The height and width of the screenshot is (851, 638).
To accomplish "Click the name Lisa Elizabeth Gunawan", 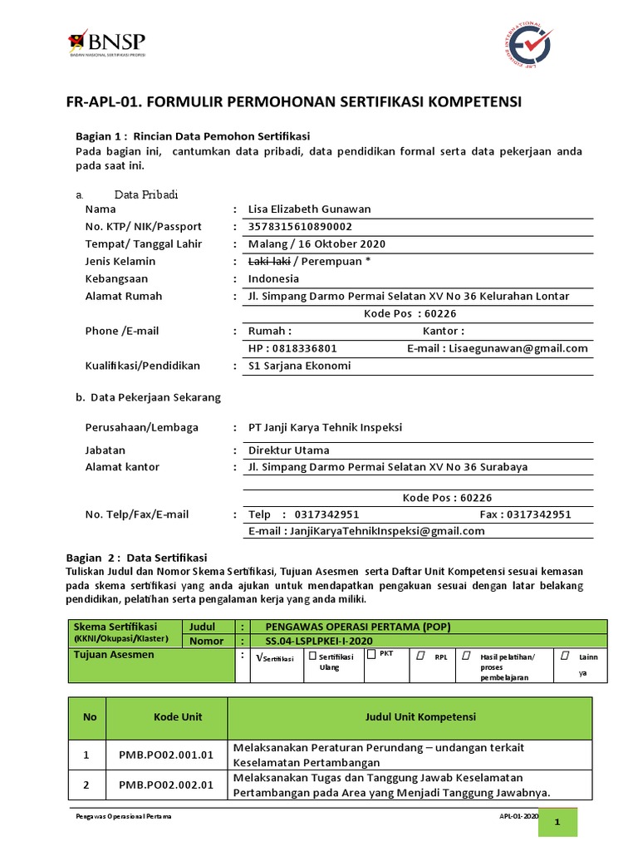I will [309, 209].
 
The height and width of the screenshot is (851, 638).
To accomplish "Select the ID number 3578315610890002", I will [300, 227].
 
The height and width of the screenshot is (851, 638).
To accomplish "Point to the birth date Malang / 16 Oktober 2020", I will [317, 244].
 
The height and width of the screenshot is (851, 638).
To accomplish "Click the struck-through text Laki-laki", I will [268, 262].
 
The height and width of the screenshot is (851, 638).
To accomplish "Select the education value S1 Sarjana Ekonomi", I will [299, 366].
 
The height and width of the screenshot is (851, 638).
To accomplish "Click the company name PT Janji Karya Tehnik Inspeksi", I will [325, 427].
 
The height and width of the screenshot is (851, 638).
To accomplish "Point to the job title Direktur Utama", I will [288, 450].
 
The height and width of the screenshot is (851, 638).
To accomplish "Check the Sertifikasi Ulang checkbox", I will [312, 655].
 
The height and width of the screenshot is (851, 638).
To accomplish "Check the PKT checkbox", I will [371, 654].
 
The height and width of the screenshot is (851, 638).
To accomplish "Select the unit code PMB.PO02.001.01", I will [166, 755].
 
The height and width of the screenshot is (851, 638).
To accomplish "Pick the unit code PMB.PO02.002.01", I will [166, 785].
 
